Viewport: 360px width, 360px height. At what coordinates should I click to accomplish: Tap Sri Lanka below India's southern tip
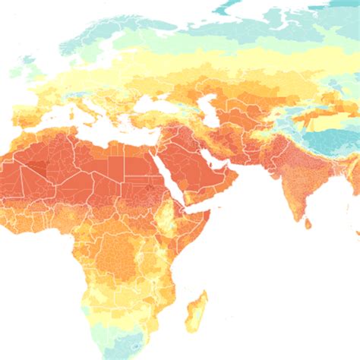click(x=308, y=223)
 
